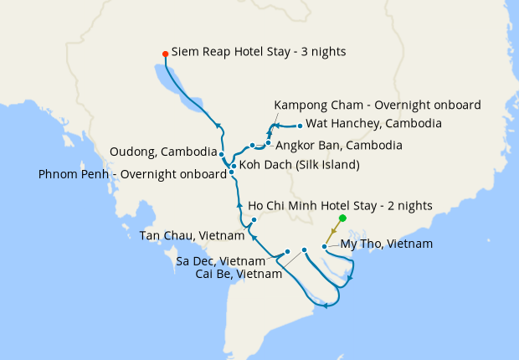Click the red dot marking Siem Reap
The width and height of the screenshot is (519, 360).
(165, 54)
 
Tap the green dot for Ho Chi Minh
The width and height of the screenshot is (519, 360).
(342, 218)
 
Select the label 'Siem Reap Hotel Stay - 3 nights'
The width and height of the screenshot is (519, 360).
(259, 51)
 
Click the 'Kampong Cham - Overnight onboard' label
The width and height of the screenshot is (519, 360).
(378, 105)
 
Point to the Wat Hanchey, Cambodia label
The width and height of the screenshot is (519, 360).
(374, 124)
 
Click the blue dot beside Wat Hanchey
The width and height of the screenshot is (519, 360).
(300, 126)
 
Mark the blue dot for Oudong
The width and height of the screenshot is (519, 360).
(221, 154)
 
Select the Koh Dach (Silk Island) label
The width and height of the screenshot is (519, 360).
(299, 165)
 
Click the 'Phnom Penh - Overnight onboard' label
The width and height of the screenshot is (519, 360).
(132, 175)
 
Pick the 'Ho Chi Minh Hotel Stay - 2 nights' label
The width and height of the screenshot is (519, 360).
(341, 204)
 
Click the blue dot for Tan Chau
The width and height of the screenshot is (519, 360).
(253, 220)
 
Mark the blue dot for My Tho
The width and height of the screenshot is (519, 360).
(325, 246)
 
